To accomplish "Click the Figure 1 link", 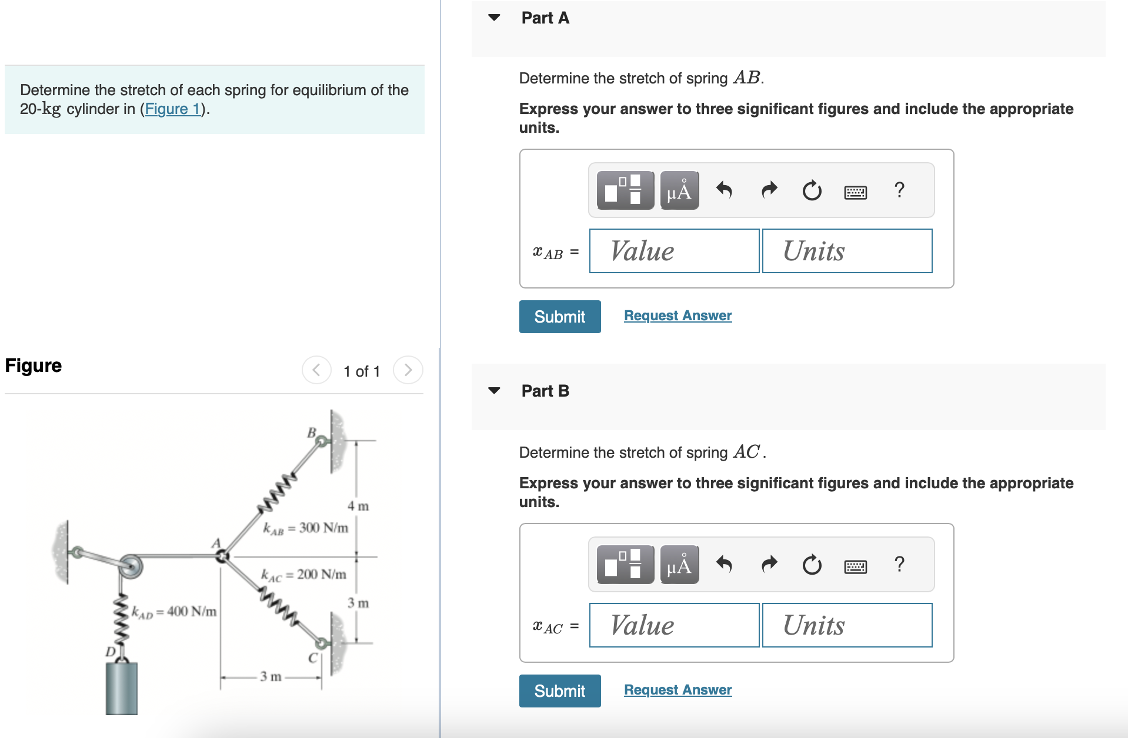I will (x=173, y=109).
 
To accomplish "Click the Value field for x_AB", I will (x=674, y=251).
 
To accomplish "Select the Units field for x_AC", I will (x=847, y=625).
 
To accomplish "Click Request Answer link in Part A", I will (x=678, y=316).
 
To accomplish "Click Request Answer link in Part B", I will (x=678, y=690).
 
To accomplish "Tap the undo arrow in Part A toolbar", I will (x=724, y=190).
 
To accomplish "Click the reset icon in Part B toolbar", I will (x=812, y=565).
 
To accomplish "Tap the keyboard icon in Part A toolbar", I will (x=855, y=192).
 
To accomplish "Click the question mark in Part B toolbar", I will (x=899, y=564).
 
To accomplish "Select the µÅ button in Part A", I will (x=679, y=190).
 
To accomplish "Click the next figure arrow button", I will (x=408, y=370).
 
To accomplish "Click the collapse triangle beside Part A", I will (x=494, y=18).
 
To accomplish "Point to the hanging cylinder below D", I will (x=122, y=687).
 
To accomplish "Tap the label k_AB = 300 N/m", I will (x=305, y=528).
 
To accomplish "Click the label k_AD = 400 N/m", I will (x=174, y=612).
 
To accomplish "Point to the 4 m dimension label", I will (x=358, y=506).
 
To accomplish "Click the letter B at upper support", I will (x=312, y=432).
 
